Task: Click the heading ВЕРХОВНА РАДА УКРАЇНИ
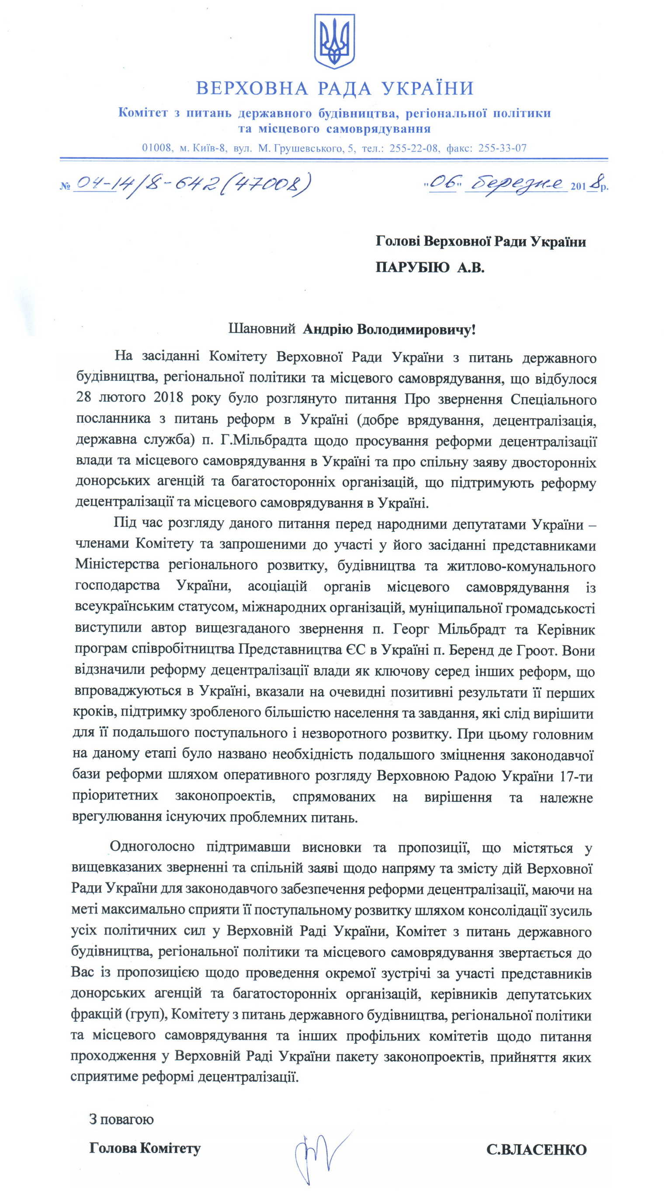coord(335,88)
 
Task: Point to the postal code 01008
coord(157,149)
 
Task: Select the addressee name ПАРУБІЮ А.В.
coord(430,267)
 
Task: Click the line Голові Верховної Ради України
coord(481,241)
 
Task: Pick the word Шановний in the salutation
coord(262,329)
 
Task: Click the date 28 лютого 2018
coord(129,398)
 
